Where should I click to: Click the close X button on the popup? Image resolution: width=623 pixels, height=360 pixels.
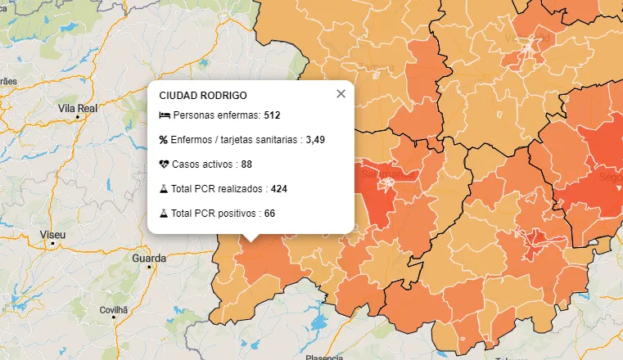click(341, 94)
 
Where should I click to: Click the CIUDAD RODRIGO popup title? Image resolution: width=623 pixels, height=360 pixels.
click(203, 96)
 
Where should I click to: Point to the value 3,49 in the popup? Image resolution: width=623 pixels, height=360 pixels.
click(315, 140)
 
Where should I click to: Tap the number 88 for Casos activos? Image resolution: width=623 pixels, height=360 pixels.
click(246, 164)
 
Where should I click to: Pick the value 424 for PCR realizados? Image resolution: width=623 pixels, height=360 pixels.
click(279, 189)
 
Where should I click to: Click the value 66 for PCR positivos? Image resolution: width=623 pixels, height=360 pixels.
click(269, 214)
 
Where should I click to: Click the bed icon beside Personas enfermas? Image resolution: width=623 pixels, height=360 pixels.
click(164, 115)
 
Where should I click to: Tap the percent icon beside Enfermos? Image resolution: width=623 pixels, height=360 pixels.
click(164, 140)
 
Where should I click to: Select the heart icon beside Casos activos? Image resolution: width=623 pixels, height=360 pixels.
click(164, 164)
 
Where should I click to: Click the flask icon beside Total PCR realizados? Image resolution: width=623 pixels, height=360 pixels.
click(164, 189)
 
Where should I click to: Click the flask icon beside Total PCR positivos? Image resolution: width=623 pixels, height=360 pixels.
click(164, 214)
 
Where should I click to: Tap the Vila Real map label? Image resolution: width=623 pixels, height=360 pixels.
click(78, 107)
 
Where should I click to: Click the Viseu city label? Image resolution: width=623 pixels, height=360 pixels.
click(52, 234)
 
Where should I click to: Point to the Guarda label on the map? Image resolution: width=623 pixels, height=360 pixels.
click(148, 258)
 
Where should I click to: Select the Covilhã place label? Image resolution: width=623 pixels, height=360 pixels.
click(115, 310)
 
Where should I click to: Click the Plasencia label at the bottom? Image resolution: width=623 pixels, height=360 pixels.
click(324, 358)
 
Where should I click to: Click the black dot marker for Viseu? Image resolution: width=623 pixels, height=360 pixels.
click(53, 243)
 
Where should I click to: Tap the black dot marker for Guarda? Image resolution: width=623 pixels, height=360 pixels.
click(149, 267)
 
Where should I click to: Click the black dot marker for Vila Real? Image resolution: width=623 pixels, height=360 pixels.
click(78, 116)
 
